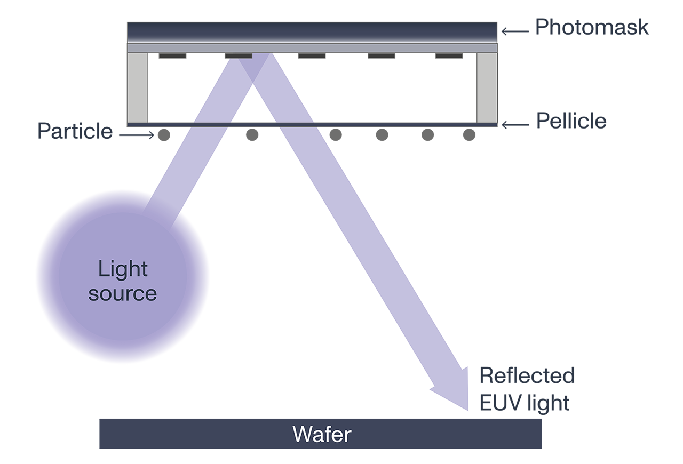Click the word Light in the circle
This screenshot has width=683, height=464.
point(123,269)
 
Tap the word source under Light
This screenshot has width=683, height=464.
point(123,293)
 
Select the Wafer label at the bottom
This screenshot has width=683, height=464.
point(322,435)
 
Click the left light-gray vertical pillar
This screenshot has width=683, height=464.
point(137,87)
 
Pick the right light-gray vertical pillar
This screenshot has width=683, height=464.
point(487,87)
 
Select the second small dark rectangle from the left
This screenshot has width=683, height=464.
point(239,55)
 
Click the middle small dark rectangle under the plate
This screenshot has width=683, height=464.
point(312,55)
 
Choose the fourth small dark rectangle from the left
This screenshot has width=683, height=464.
point(381,55)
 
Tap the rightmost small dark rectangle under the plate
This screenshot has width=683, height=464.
point(449,55)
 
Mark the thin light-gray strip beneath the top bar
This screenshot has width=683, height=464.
point(312,48)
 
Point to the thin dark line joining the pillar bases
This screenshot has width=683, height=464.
point(312,125)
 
